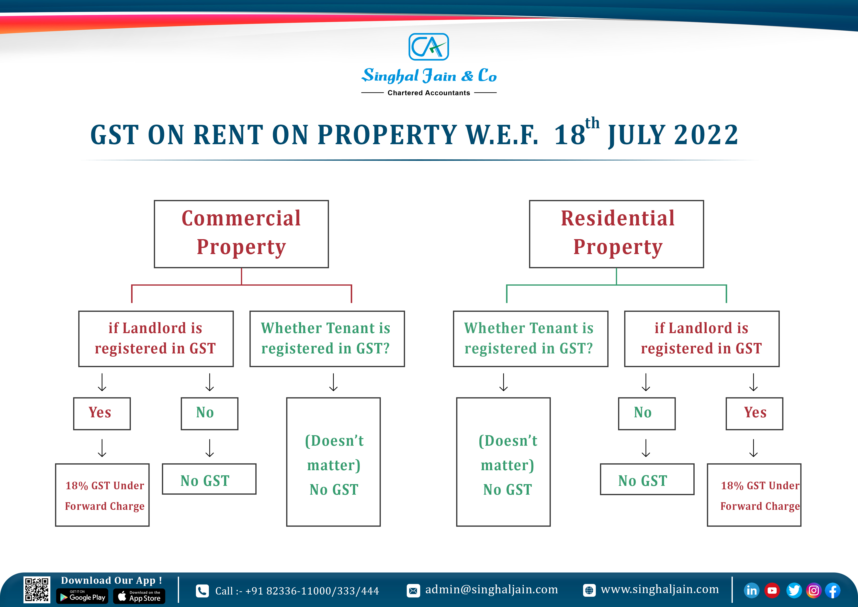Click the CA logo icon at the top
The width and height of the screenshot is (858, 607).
[x=429, y=47]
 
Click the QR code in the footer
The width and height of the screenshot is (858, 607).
[x=37, y=590]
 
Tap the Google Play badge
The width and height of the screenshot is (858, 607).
[x=82, y=596]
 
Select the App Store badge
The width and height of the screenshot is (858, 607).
[x=139, y=596]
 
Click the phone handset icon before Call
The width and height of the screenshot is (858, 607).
[x=202, y=591]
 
